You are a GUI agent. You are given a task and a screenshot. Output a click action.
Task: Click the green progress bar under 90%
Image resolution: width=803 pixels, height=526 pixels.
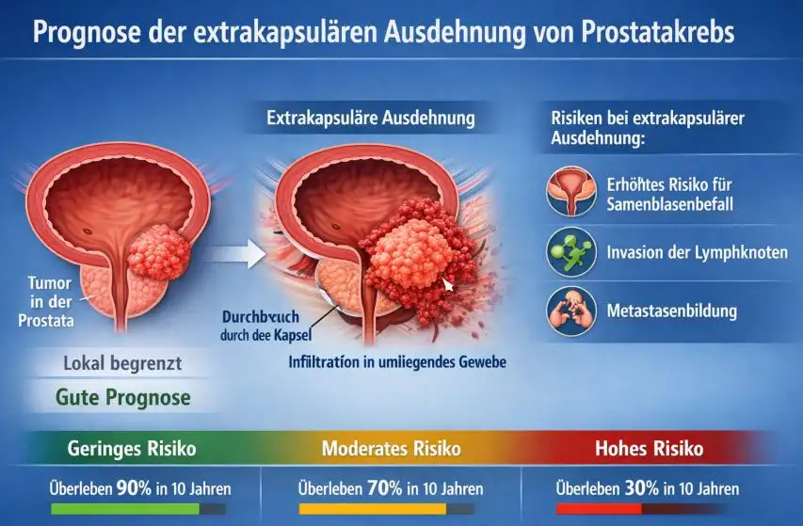coord(124,509)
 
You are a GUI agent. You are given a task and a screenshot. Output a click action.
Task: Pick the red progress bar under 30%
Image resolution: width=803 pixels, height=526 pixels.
coord(599,509)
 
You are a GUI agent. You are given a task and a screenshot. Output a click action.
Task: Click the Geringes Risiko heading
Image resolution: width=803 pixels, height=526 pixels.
coord(132,449)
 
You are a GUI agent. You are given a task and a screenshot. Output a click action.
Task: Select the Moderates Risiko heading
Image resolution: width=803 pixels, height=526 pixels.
coord(392,449)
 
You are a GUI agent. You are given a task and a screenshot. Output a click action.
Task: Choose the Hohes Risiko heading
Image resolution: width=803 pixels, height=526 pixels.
coord(650,449)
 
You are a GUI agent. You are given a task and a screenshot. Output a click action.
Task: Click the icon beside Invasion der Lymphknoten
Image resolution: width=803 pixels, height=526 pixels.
coord(570,251)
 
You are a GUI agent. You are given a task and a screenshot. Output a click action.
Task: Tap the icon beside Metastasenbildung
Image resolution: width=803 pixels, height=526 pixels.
coord(570,310)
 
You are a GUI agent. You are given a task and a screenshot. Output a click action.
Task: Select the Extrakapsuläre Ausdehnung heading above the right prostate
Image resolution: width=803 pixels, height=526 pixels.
coord(371,120)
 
